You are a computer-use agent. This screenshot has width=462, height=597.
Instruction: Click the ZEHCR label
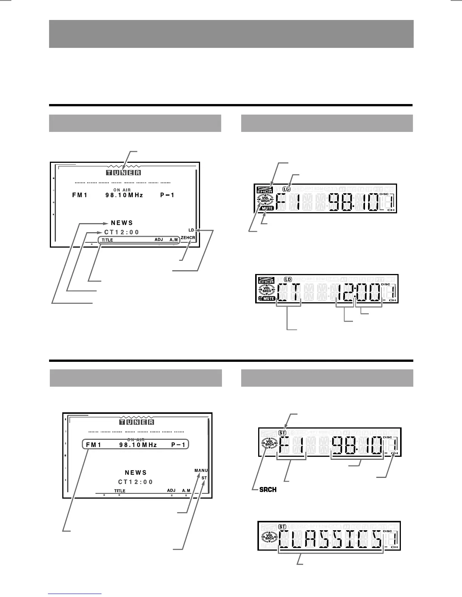click(x=188, y=238)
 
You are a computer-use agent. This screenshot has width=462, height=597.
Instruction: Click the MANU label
click(x=201, y=470)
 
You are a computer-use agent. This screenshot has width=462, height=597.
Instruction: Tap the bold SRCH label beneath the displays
click(x=268, y=490)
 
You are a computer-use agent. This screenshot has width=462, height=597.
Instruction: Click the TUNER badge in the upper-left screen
click(x=123, y=173)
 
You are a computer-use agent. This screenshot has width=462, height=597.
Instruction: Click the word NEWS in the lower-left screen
click(x=136, y=473)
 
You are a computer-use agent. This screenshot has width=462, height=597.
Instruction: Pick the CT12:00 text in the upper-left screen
click(x=122, y=232)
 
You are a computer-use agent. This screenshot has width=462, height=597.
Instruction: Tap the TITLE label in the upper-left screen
click(x=107, y=240)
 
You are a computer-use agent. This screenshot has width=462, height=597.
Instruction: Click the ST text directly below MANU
click(x=204, y=478)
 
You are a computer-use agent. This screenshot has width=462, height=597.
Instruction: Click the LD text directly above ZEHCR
click(x=191, y=230)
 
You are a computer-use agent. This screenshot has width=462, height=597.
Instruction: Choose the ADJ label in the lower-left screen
click(x=171, y=491)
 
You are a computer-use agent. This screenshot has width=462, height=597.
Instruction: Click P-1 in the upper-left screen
click(x=168, y=195)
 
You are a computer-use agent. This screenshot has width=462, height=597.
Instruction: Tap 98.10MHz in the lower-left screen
click(x=138, y=445)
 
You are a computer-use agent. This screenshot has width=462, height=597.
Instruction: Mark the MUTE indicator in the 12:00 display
click(x=268, y=298)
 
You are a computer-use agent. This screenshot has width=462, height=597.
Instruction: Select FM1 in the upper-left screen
click(x=80, y=195)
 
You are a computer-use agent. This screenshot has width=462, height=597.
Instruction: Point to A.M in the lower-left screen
click(x=186, y=491)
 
